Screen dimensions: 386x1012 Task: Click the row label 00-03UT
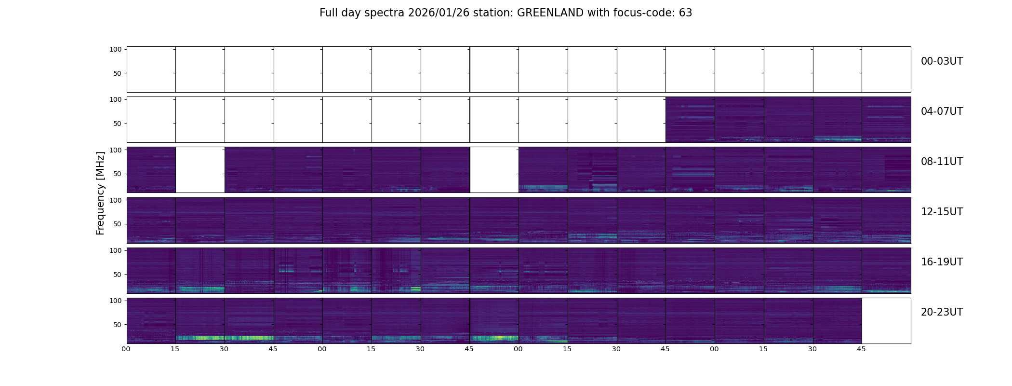tap(942, 61)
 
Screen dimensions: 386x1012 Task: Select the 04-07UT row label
tap(942, 111)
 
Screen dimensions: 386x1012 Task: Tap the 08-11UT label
tap(942, 162)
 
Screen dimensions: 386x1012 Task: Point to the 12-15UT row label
tap(942, 212)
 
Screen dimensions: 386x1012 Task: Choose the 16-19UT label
tap(942, 262)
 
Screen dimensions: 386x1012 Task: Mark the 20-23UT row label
tap(942, 312)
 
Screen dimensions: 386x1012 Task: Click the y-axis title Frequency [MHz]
tap(100, 193)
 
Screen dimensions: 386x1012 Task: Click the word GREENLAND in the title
tap(550, 13)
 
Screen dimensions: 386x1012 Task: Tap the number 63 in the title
tap(685, 13)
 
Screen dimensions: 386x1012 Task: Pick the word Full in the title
tap(328, 13)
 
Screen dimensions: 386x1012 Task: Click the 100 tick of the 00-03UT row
tap(115, 49)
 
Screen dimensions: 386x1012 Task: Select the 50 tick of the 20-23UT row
tap(117, 325)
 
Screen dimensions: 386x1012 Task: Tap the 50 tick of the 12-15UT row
tap(117, 224)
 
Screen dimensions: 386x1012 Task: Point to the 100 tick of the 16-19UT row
tap(115, 250)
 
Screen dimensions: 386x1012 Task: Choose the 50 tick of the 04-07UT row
tap(117, 124)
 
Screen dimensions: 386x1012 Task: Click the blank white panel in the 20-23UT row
tap(886, 321)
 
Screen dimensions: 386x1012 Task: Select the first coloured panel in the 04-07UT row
tap(690, 120)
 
